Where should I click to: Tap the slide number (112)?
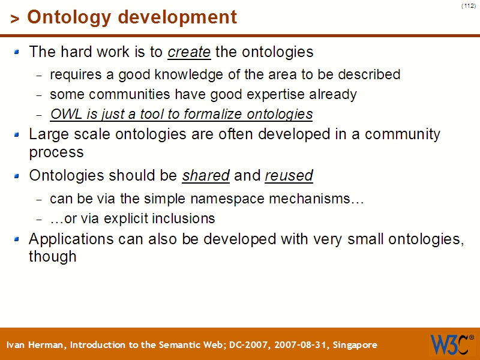469,5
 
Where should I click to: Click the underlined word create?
189,52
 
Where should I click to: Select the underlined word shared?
206,176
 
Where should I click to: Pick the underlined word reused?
289,176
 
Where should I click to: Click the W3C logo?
452,344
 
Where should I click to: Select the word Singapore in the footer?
355,345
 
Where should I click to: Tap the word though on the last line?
53,257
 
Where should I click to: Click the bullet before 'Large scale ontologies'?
17,134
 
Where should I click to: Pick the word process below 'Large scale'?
56,152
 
